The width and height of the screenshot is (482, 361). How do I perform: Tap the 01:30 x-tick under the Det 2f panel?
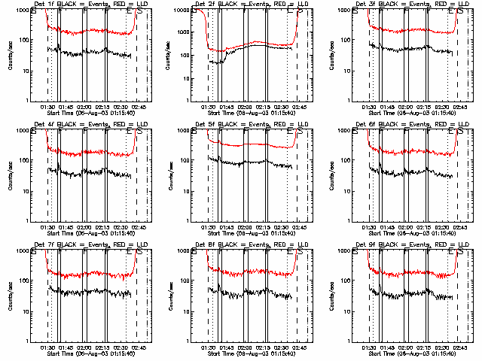(208, 107)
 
